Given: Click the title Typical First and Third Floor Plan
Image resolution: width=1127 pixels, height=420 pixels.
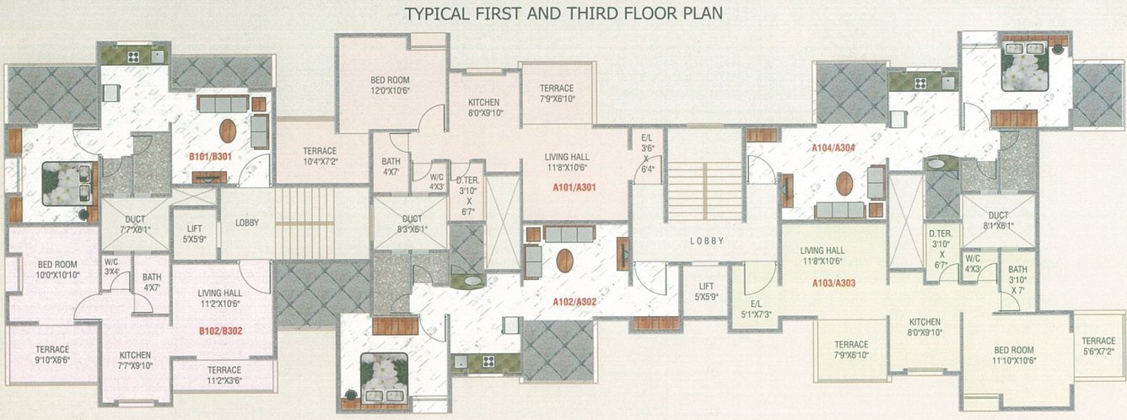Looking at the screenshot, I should (x=563, y=13).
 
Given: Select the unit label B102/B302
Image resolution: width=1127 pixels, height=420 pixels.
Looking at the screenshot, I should (x=220, y=331).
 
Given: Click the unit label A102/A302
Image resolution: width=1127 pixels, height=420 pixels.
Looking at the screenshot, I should (x=574, y=302).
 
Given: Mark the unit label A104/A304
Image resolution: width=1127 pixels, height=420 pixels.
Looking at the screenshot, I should (x=833, y=148).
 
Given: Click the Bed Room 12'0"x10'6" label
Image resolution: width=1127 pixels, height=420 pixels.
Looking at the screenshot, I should (x=390, y=86).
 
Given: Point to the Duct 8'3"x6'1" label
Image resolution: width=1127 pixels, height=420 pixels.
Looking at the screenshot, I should (x=412, y=223).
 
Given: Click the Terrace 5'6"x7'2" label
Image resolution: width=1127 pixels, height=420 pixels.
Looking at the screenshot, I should (x=1097, y=346).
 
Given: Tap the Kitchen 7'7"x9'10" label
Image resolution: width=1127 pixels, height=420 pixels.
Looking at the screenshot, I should (x=134, y=360).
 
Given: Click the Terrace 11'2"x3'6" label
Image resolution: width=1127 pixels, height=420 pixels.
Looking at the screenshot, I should (x=224, y=375).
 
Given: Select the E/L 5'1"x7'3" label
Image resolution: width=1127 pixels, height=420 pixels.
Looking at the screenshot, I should (x=756, y=310).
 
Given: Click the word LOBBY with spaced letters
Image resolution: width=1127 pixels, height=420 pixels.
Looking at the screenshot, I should (x=707, y=241).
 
